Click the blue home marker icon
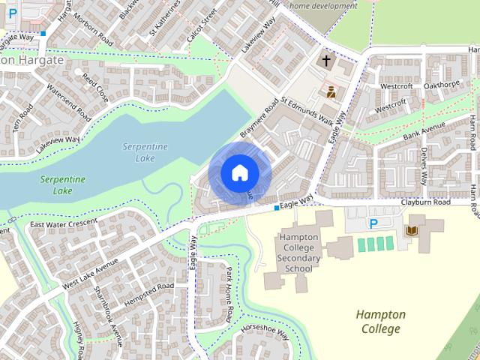pyautogui.click(x=239, y=172)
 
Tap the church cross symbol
pyautogui.click(x=326, y=61)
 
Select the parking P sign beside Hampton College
pyautogui.click(x=373, y=223)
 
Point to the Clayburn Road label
pyautogui.click(x=425, y=202)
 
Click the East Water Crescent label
pyautogui.click(x=64, y=223)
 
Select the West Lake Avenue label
pyautogui.click(x=91, y=273)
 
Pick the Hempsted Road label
pyautogui.click(x=149, y=291)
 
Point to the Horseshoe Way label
pyautogui.click(x=265, y=331)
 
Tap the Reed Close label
pyautogui.click(x=95, y=88)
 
